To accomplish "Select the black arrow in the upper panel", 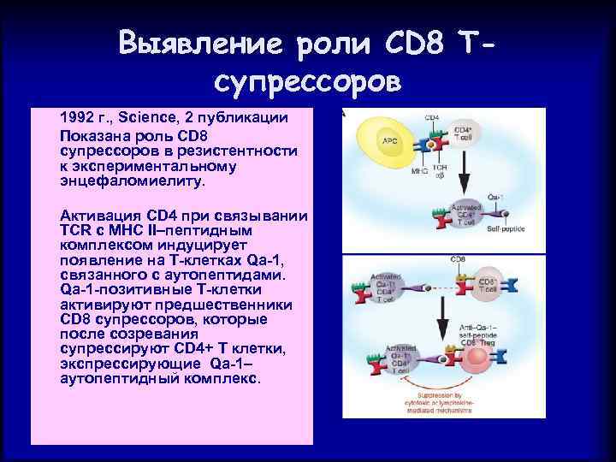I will click(463, 181).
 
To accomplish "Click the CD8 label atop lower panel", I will click(459, 258).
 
